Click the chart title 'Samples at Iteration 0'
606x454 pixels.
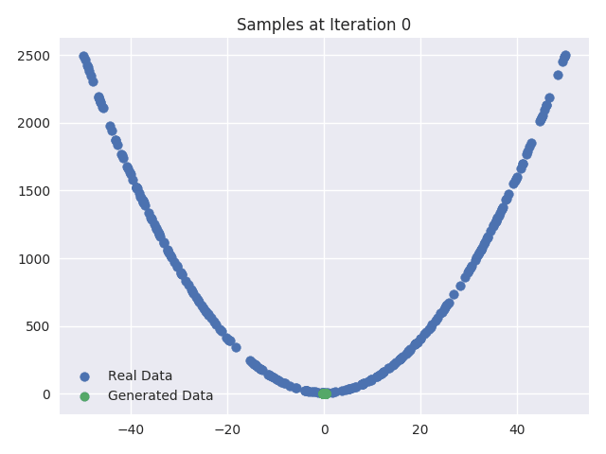pos(324,25)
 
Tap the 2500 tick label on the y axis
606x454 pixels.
pos(33,56)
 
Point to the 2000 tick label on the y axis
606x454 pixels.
pos(33,123)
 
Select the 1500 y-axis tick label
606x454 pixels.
pos(33,191)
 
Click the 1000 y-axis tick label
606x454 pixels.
pos(33,259)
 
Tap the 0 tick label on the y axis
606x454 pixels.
pos(45,394)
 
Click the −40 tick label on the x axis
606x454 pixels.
pos(131,430)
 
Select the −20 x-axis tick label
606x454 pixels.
pos(227,430)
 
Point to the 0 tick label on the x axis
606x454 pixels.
pos(324,430)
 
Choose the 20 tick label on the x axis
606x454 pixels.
pos(420,430)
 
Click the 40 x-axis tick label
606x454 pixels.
pos(517,430)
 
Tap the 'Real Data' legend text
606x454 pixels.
pos(140,376)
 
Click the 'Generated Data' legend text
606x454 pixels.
pos(160,396)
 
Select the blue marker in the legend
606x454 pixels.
pos(84,376)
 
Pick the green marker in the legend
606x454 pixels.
pos(84,396)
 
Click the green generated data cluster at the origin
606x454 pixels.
pos(324,393)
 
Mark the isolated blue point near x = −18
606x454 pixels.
pos(236,347)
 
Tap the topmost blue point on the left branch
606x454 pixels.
pos(83,57)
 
